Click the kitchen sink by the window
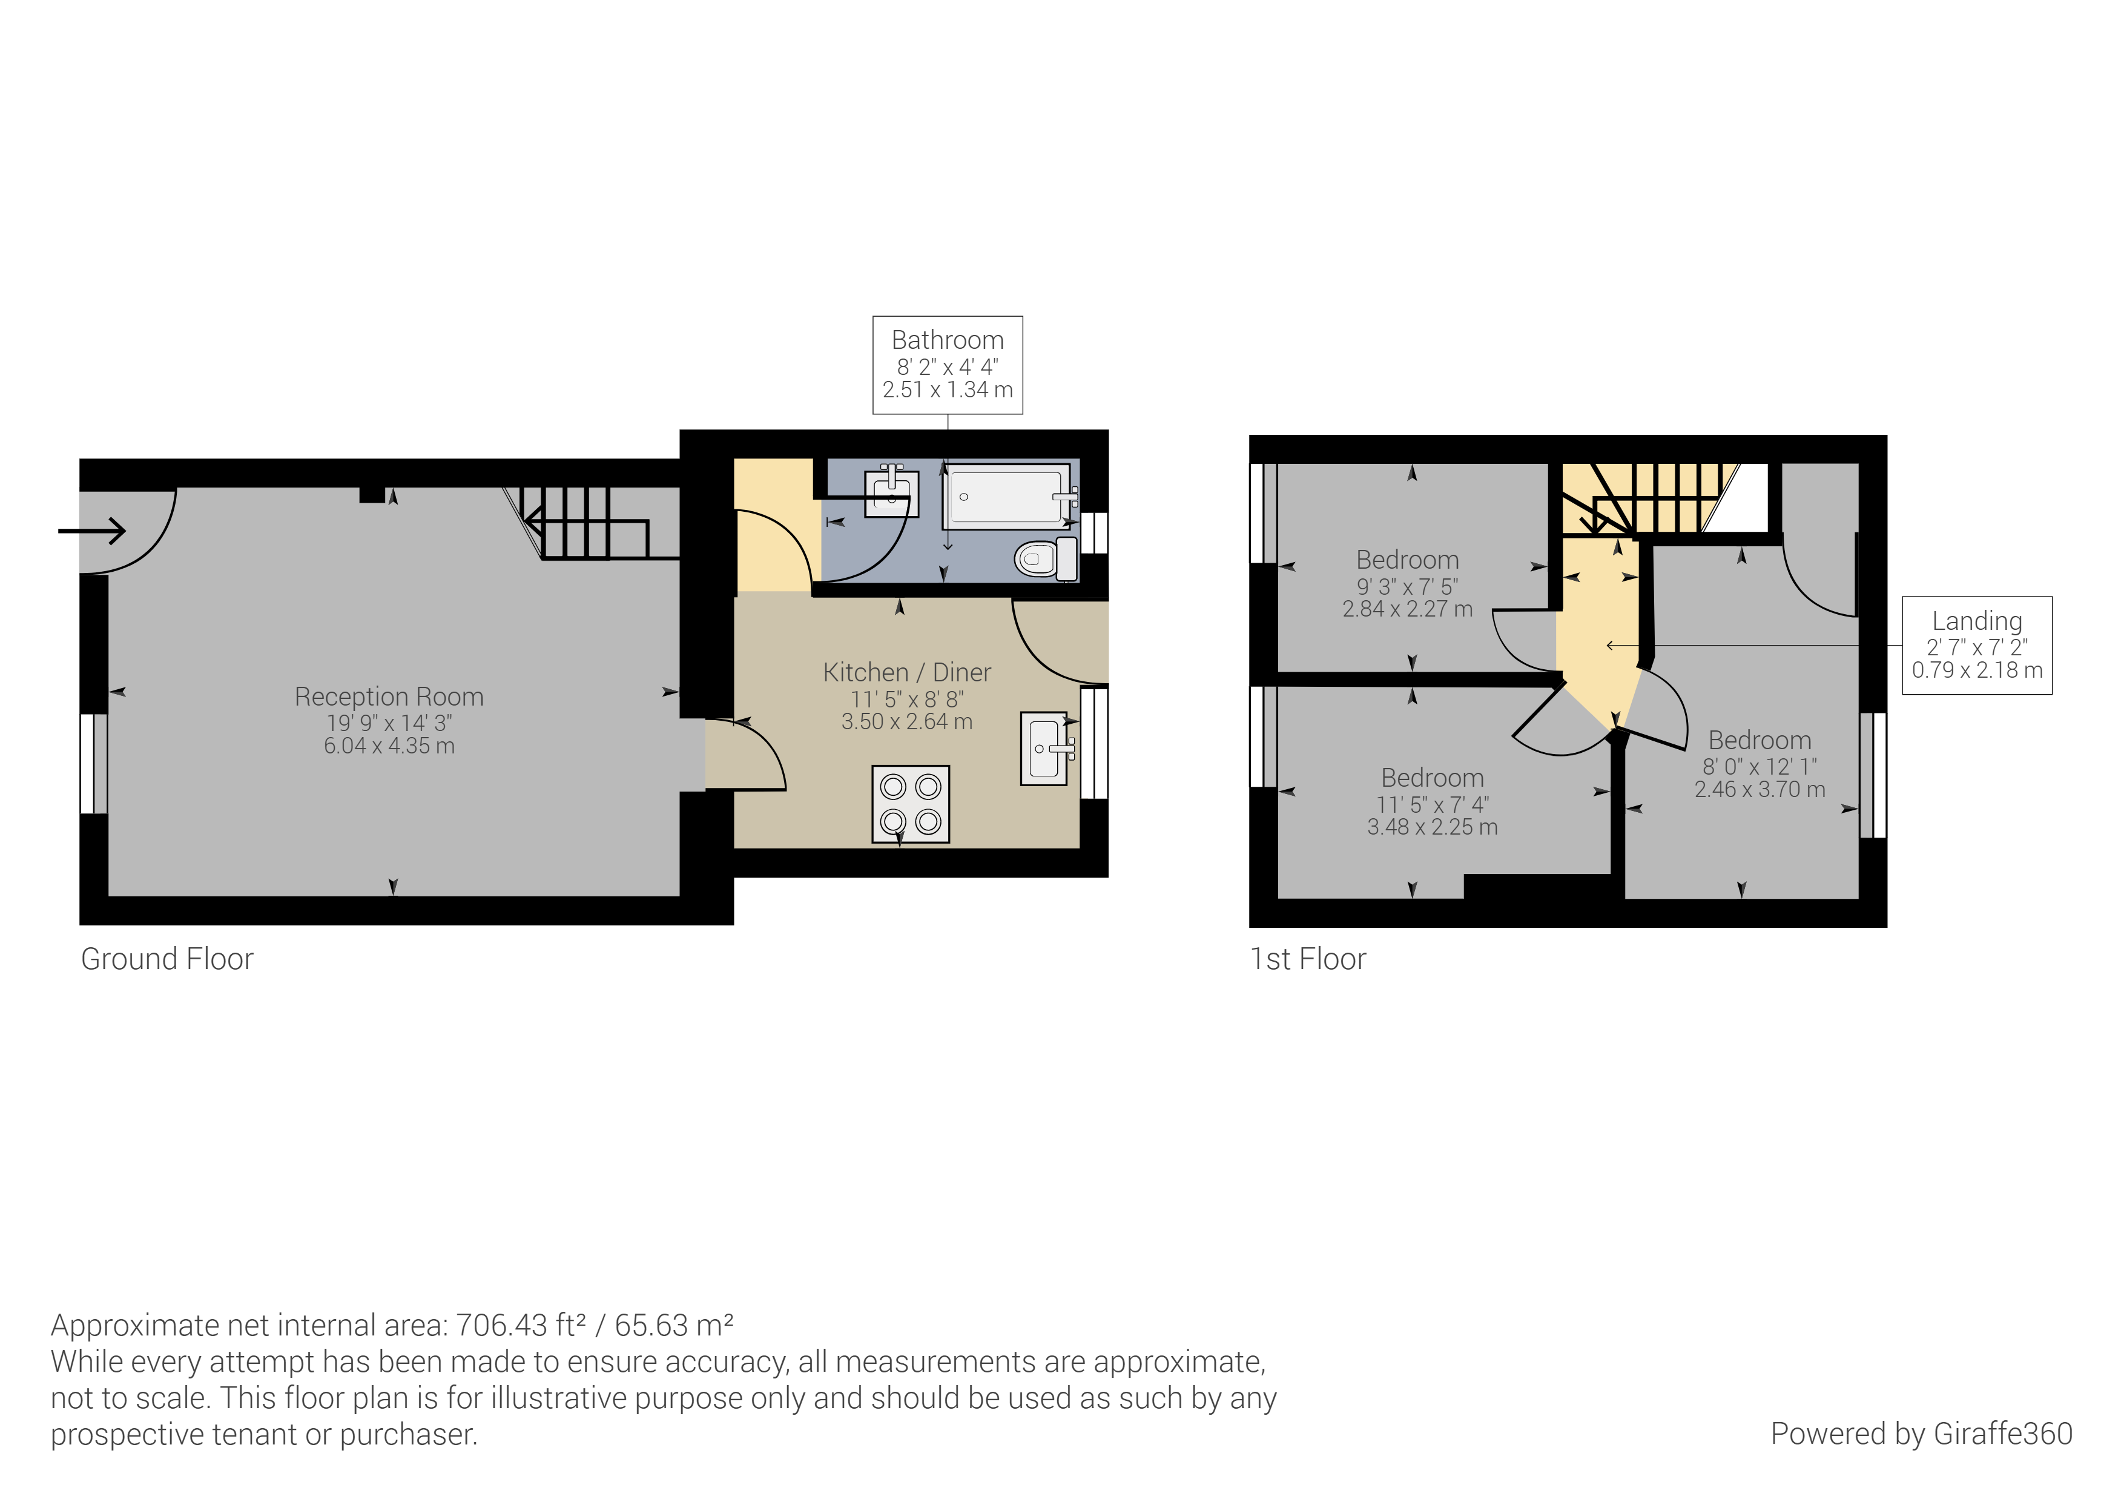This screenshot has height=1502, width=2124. [x=1045, y=748]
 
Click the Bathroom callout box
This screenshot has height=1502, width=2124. [x=948, y=365]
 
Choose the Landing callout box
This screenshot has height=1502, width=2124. [x=1976, y=645]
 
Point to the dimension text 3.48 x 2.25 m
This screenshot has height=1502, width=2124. [x=1432, y=827]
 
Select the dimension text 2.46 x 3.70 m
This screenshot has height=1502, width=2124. [x=1760, y=789]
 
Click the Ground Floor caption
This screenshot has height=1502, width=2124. [x=168, y=959]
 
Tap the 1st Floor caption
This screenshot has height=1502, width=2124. [x=1308, y=959]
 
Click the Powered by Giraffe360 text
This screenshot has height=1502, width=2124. [x=1921, y=1434]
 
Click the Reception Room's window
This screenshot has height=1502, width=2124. [x=93, y=764]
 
